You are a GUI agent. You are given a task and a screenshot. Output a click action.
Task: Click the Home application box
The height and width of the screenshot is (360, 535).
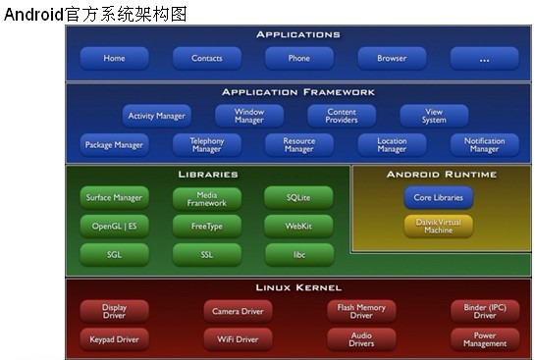tap(114, 58)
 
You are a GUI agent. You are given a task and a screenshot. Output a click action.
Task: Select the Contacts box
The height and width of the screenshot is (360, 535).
tap(206, 58)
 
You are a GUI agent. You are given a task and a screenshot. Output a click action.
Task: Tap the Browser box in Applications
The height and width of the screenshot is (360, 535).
tap(392, 58)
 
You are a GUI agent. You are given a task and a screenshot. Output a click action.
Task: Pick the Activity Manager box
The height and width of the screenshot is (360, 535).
tap(157, 116)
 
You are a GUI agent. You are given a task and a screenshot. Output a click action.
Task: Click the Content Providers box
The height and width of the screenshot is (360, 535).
tap(341, 116)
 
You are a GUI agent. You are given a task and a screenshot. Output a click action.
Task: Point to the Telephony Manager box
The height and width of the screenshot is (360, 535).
tap(206, 145)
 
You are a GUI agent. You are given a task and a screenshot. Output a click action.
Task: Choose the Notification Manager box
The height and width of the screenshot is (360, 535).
tap(484, 145)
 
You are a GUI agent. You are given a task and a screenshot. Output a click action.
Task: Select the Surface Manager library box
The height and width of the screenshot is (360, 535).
tap(114, 197)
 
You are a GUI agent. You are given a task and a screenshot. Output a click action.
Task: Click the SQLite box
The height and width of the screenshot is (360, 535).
tap(299, 197)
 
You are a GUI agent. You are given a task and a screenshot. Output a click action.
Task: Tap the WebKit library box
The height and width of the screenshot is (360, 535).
tap(299, 226)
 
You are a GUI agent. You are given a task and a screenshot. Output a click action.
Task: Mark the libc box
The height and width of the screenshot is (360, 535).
tap(299, 254)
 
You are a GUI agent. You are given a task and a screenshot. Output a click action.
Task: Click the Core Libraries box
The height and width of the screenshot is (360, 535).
tap(438, 197)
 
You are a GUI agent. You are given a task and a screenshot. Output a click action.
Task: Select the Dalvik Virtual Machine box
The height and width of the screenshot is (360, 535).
tap(438, 226)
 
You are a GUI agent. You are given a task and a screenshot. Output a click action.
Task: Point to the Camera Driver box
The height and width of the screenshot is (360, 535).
tap(238, 311)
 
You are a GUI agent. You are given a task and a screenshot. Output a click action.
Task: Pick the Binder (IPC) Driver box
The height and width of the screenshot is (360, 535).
tap(484, 311)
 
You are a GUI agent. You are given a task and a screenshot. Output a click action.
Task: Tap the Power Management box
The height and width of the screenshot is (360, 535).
tap(484, 339)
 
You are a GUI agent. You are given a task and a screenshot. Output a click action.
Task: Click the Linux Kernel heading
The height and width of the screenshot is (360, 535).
tap(298, 287)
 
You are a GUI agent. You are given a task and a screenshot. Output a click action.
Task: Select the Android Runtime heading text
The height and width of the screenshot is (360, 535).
tap(441, 174)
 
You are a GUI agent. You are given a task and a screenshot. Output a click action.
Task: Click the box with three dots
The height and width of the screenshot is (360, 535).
tap(484, 58)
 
